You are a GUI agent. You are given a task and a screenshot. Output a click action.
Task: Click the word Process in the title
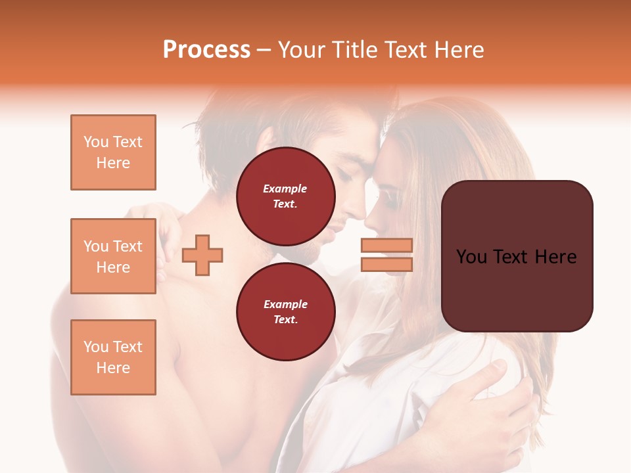tap(206, 50)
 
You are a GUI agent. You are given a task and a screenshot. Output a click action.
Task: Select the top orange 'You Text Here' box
tap(113, 152)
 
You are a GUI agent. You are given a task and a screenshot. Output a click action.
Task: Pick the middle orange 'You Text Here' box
tap(113, 256)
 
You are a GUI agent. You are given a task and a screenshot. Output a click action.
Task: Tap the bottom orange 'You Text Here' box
tap(113, 357)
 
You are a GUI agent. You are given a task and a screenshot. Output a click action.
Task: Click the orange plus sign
tap(202, 254)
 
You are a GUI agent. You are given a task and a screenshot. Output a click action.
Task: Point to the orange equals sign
tap(386, 255)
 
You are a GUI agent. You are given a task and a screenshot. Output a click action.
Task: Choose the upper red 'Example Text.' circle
tap(286, 196)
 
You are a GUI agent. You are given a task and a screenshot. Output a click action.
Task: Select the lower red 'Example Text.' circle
tap(286, 312)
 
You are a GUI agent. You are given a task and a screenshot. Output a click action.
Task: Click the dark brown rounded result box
tap(517, 256)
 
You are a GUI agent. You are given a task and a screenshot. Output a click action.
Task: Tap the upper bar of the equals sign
tap(386, 246)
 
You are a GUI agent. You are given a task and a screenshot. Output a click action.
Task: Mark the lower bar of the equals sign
tap(386, 264)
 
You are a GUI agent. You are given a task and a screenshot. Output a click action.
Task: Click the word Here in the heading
tap(459, 50)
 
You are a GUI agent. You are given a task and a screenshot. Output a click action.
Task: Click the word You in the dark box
tap(472, 257)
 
